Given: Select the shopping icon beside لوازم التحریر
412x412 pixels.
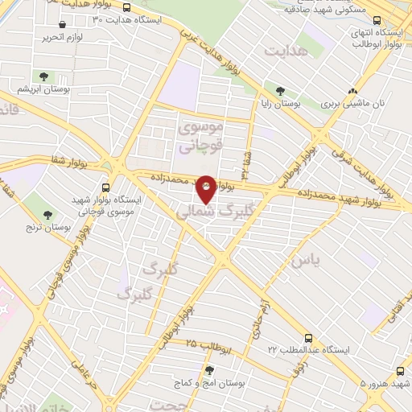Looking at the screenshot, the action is coord(62,25).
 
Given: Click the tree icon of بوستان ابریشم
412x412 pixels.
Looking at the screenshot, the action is coord(44,77).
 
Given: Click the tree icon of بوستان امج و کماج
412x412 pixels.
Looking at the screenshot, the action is coord(209,369).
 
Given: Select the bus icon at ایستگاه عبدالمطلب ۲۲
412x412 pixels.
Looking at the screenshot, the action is coord(309,339).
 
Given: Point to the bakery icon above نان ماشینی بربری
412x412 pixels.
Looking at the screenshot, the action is coord(351,92).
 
